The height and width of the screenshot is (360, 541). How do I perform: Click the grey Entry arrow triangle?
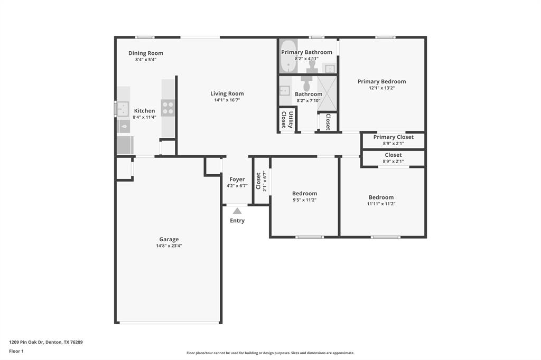(237, 211)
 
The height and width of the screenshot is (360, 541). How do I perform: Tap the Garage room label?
(169, 239)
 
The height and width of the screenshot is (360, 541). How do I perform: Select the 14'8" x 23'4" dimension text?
(169, 246)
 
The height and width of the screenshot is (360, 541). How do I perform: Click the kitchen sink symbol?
(123, 109)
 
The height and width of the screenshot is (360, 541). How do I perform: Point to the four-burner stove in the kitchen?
(168, 108)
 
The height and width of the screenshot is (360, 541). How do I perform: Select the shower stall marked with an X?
(327, 93)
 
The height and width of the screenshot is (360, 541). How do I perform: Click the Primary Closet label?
(393, 137)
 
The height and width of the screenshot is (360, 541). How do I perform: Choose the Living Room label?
(227, 93)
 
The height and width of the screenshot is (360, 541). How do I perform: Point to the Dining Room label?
(146, 53)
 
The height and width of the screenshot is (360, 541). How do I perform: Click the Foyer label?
(237, 179)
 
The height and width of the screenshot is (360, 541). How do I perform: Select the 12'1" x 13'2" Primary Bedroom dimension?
(381, 88)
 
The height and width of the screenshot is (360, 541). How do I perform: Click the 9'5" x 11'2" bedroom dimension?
(305, 200)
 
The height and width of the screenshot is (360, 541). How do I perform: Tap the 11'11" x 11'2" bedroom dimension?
(381, 204)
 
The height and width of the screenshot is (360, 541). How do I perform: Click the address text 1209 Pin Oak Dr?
(46, 342)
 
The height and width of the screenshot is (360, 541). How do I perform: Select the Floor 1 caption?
(16, 351)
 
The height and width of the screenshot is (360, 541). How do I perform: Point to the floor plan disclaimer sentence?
(270, 353)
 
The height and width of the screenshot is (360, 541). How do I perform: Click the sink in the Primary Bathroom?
(329, 68)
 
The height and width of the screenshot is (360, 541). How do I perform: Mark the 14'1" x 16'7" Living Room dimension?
(227, 100)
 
